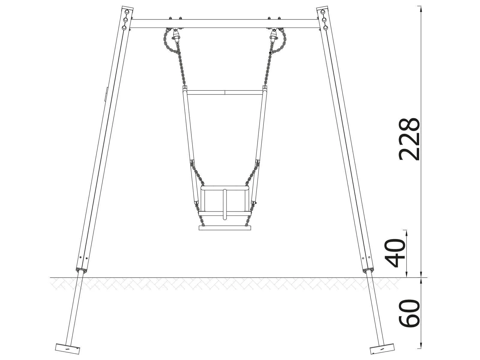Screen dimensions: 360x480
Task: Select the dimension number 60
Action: [x=409, y=313]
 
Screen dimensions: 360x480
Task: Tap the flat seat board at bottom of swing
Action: [x=225, y=228]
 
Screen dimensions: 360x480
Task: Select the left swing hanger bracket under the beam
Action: [x=176, y=36]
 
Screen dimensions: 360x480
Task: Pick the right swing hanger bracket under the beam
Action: [x=273, y=36]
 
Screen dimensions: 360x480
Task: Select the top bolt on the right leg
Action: [x=322, y=12]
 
